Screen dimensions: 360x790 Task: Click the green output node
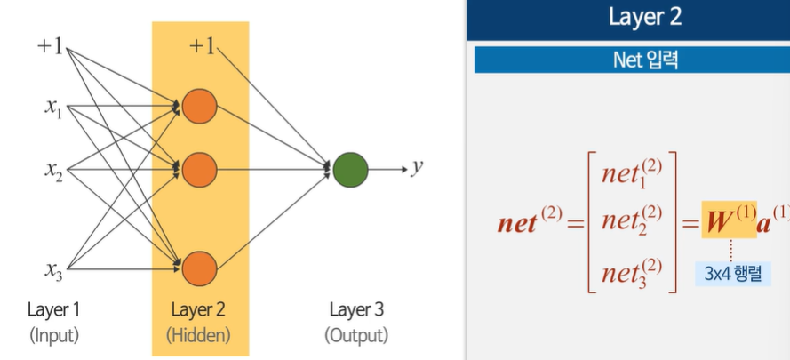[x=350, y=167]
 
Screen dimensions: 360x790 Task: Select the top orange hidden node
[x=199, y=105]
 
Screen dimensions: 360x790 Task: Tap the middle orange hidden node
[x=199, y=167]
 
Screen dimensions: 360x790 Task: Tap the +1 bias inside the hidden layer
[x=202, y=46]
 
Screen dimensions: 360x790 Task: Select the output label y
[x=415, y=167]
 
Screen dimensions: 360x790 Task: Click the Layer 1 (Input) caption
[x=53, y=322]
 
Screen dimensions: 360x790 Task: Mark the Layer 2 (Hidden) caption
[x=200, y=322]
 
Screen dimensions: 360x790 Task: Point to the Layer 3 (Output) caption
[x=356, y=322]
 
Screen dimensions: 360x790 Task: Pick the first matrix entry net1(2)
[x=631, y=171]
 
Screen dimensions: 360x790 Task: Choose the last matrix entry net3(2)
[x=631, y=270]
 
